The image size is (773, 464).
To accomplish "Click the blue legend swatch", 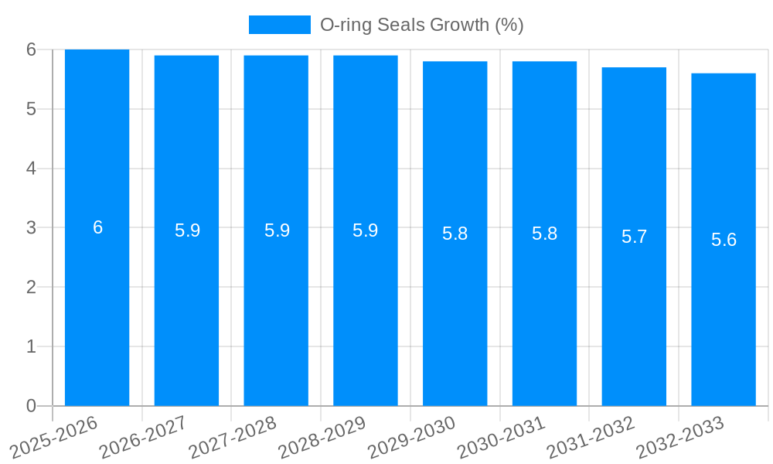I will coord(279,25).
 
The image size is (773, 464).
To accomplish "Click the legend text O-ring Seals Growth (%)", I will coord(421,25).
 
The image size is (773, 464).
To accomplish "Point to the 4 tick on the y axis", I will coord(31,169).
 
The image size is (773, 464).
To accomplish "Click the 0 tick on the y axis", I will coord(31,406).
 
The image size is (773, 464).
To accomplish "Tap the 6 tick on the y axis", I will coord(31,49).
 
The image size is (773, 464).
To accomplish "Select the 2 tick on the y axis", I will coord(31,287).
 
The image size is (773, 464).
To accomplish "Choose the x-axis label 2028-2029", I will coord(322,437).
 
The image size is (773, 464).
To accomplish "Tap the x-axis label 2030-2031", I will coord(501,437).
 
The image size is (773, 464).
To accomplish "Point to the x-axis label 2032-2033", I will coord(679,437).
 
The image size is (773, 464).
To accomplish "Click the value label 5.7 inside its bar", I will coord(634,237).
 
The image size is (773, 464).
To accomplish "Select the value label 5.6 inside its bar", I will coord(724,240).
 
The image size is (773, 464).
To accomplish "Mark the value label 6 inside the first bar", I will coord(97,227).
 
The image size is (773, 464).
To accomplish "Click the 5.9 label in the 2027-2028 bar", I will coord(277,230).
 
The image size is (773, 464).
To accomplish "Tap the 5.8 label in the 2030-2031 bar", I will coord(544,234).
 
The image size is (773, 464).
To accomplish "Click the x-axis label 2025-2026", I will coord(54,437).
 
